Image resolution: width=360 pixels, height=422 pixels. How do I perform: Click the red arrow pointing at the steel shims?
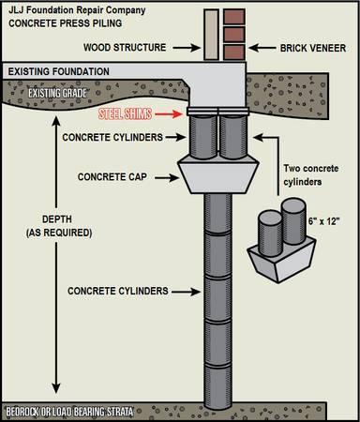(169, 113)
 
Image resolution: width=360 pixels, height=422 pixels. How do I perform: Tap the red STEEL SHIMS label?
(125, 113)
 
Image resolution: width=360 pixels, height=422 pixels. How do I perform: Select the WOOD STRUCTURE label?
(125, 48)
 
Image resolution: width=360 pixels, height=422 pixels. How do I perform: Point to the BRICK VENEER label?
(313, 48)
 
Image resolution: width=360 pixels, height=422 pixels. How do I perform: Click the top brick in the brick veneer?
(233, 16)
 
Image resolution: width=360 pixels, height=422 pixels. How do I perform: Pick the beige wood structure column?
(211, 35)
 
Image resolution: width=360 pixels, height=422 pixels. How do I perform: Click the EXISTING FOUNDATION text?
(59, 71)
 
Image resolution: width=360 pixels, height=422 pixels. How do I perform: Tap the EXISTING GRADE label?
(57, 93)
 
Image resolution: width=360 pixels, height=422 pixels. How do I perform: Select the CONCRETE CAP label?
(112, 177)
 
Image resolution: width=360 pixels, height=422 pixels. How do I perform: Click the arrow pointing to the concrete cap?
(167, 178)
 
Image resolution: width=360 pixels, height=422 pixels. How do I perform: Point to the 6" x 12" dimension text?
(323, 221)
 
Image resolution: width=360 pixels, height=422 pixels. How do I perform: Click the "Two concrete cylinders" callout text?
(311, 175)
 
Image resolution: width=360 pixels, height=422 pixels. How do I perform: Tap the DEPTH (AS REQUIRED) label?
(59, 226)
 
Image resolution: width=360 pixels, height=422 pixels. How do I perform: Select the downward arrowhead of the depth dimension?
(56, 387)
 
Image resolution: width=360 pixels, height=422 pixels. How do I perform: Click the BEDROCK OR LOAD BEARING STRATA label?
(69, 412)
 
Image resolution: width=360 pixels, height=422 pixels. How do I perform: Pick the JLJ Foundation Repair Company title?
(77, 10)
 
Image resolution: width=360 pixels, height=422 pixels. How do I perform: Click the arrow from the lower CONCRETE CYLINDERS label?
(186, 292)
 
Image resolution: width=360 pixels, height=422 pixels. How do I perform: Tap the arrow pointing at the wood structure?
(187, 48)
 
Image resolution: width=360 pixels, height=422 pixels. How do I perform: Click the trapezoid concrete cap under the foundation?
(218, 175)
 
